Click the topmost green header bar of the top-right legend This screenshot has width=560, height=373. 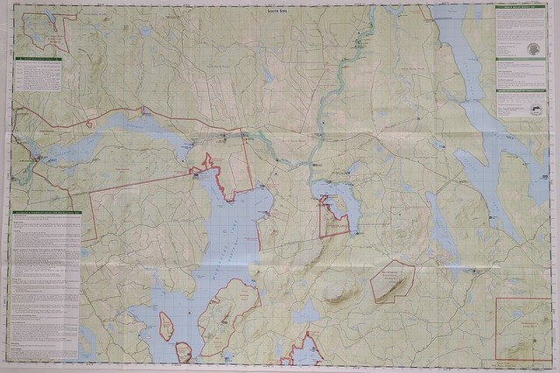(x=520, y=7)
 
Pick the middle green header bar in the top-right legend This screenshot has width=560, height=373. (x=520, y=60)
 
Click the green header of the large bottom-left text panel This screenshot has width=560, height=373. (x=45, y=213)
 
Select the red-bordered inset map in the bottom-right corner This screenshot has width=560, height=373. (x=522, y=328)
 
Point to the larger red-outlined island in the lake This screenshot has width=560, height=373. (x=165, y=327)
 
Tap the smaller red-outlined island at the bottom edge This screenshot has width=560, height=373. (x=184, y=352)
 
